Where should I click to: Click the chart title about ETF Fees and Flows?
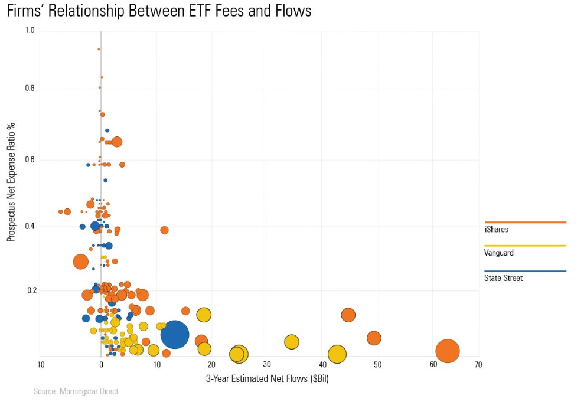(159, 11)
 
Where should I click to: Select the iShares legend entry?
(496, 229)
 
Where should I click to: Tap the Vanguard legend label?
(499, 253)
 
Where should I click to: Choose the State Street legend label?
(503, 278)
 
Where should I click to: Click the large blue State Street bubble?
(174, 335)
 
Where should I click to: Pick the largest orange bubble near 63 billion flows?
(448, 351)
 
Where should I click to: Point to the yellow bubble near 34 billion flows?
(292, 342)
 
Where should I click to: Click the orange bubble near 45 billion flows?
(348, 315)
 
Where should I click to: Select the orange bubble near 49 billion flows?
(374, 338)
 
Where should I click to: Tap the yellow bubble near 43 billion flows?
(337, 354)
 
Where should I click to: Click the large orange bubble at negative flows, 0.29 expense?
(81, 261)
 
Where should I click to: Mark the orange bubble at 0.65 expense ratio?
(117, 142)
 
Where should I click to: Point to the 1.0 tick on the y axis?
(30, 31)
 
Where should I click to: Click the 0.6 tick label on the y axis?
(30, 159)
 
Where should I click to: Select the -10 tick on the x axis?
(40, 365)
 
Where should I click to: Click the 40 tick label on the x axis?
(322, 365)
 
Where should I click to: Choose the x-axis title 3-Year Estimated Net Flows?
(267, 378)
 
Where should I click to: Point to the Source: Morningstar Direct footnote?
(76, 391)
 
